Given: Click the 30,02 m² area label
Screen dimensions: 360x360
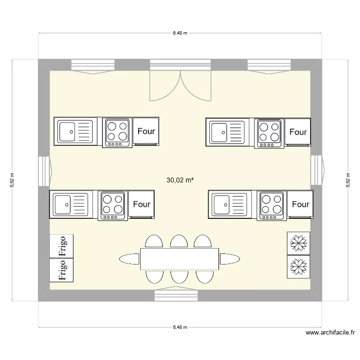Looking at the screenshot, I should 180,180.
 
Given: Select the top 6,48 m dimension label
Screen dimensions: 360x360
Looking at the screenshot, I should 180,33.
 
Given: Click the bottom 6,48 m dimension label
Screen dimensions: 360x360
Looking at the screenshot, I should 180,327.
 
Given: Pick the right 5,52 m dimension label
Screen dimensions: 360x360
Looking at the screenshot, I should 348,180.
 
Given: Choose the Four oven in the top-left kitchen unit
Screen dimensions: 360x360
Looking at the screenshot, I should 146,131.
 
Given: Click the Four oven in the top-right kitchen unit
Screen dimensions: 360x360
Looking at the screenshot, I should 298,132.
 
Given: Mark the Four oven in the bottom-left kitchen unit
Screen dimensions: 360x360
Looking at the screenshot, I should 142,204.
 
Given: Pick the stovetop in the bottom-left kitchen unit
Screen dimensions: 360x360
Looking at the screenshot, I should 113,205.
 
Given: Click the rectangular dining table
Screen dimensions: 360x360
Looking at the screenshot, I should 180,259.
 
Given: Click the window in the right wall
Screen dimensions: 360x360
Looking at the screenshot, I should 317,171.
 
